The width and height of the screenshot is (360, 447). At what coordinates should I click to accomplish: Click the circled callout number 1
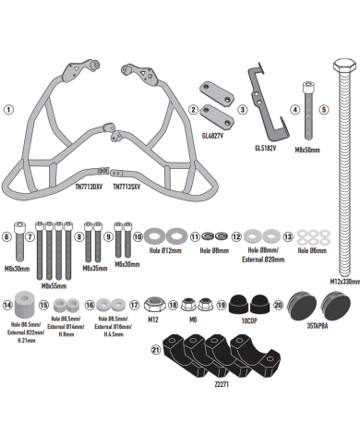point(8,108)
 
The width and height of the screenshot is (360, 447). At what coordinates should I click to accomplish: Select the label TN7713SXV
point(128,186)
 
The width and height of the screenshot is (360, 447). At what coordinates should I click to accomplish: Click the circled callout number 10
point(138,236)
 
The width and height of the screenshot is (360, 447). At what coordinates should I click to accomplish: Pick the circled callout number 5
point(324,108)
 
